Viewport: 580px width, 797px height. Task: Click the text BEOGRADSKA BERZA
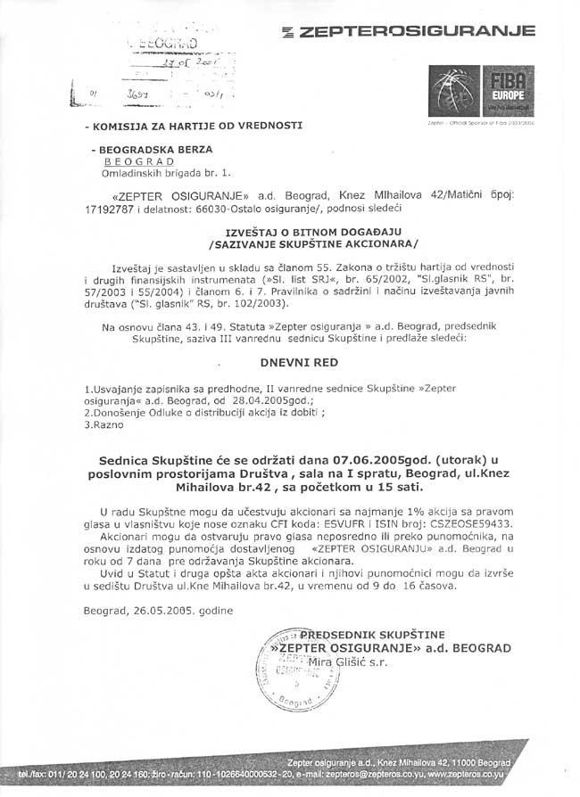[x=162, y=150]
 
